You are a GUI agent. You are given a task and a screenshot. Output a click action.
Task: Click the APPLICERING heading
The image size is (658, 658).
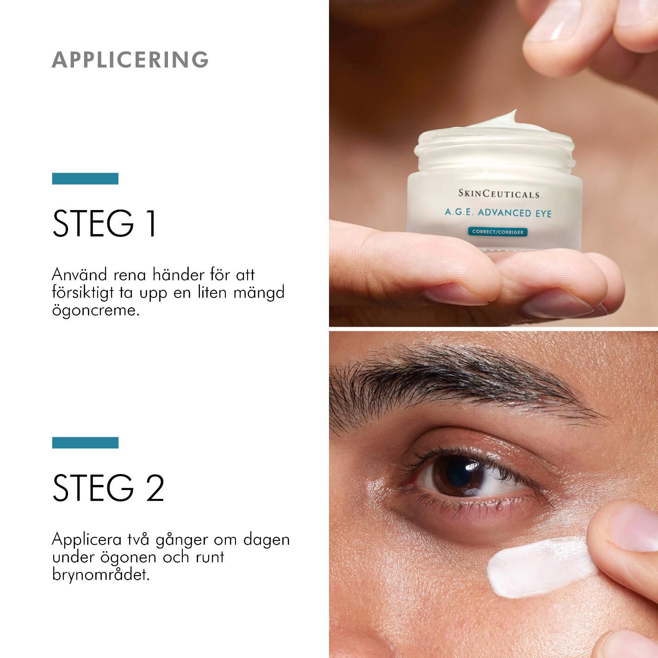[130, 60]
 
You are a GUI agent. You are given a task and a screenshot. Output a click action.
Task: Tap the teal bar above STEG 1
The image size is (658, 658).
[85, 179]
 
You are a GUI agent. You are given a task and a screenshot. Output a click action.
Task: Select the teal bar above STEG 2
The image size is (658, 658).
[85, 443]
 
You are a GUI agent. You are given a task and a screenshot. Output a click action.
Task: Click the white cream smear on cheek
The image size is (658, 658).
[537, 566]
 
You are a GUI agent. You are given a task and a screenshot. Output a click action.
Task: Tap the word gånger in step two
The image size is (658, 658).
[182, 540]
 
